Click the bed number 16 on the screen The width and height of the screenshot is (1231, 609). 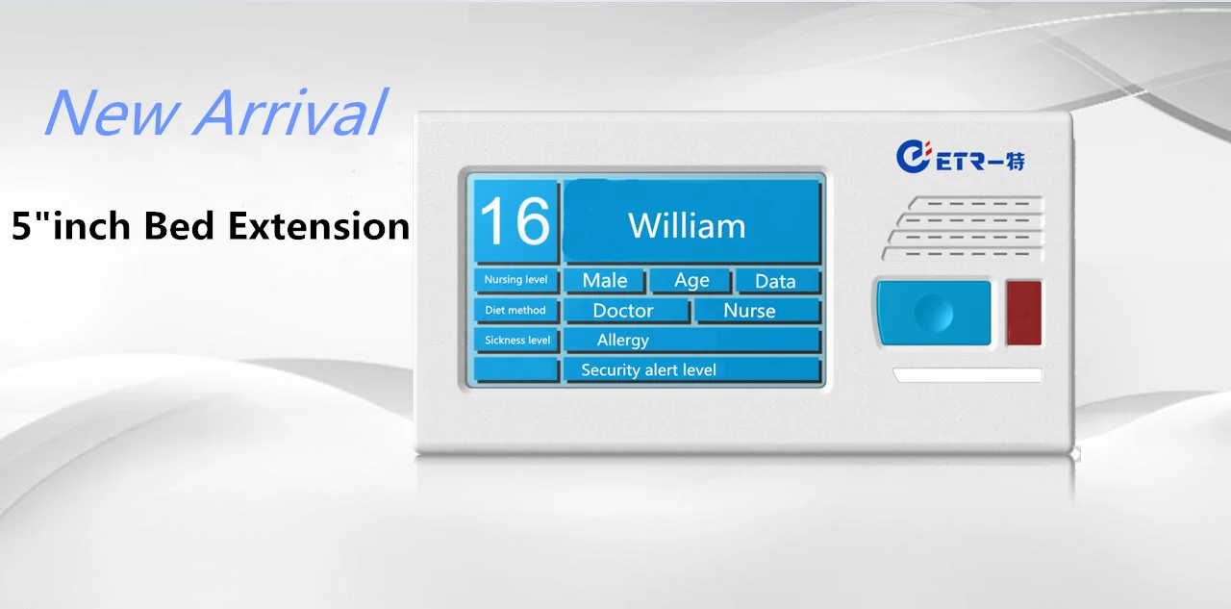click(x=515, y=221)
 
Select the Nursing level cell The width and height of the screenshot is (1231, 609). click(x=516, y=280)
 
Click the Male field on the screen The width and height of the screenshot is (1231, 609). click(x=605, y=280)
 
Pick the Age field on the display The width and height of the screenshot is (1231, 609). click(x=691, y=280)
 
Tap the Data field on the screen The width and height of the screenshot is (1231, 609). click(x=778, y=281)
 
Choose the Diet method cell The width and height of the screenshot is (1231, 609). click(x=516, y=311)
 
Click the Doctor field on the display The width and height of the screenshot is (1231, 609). click(x=627, y=311)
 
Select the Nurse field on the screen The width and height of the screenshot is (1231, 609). click(x=758, y=311)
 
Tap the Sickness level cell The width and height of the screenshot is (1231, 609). click(x=516, y=341)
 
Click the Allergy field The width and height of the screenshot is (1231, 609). click(x=692, y=341)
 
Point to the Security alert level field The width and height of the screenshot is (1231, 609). click(x=692, y=369)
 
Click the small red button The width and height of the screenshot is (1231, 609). click(x=1024, y=313)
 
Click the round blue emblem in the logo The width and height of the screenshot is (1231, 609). click(x=913, y=157)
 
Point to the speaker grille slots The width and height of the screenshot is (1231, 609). click(x=963, y=228)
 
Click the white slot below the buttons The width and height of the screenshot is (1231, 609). click(x=967, y=375)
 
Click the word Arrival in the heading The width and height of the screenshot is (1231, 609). click(x=290, y=112)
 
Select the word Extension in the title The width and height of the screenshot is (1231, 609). click(x=318, y=226)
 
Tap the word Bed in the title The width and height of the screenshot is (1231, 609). click(x=178, y=225)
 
